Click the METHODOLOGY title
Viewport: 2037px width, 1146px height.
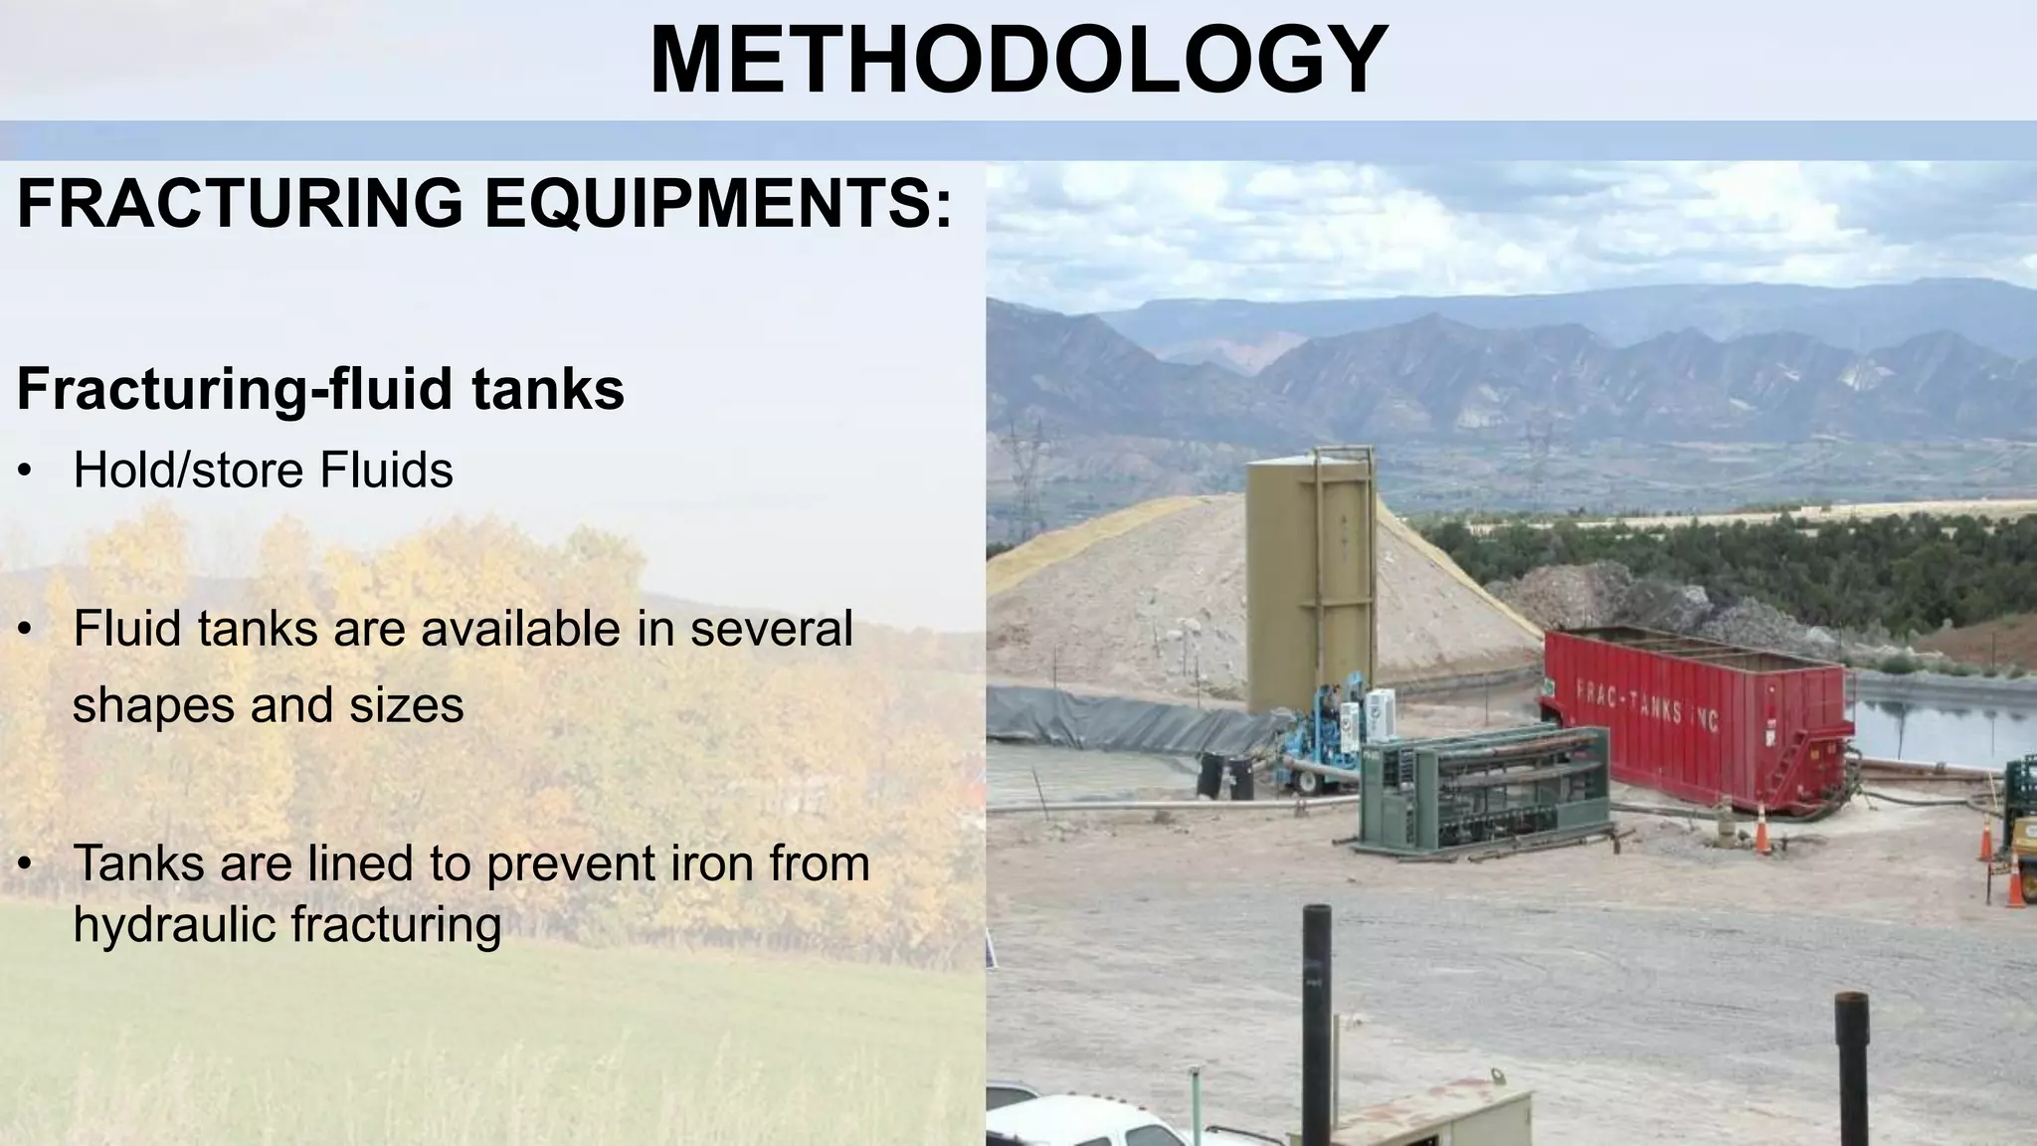(x=1018, y=60)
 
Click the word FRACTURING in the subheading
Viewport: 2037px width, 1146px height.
(x=240, y=203)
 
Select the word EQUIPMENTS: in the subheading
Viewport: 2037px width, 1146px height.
(x=717, y=203)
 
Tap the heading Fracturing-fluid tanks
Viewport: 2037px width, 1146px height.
(x=320, y=388)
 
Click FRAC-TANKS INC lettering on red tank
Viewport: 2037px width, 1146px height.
(x=1646, y=703)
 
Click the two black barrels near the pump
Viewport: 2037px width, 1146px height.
(x=1226, y=775)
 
